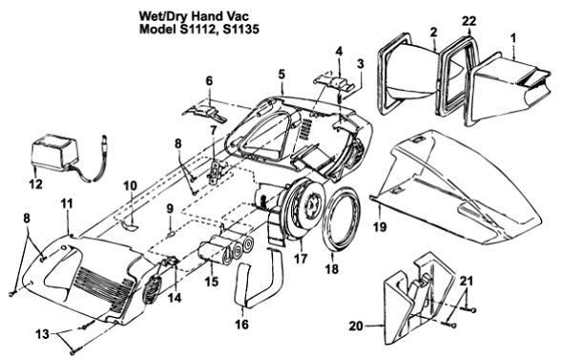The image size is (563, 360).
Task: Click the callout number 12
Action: click(36, 184)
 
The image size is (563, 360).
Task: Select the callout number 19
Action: click(380, 226)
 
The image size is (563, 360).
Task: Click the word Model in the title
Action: click(156, 29)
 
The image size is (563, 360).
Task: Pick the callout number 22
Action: click(469, 21)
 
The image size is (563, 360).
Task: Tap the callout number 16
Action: click(241, 324)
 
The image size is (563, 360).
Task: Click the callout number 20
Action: click(356, 326)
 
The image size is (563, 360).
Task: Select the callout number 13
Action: click(42, 334)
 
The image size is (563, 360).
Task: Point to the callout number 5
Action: click(281, 74)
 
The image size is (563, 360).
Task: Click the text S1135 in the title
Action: click(240, 29)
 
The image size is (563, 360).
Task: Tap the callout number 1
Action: click(513, 38)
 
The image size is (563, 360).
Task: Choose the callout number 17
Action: click(301, 258)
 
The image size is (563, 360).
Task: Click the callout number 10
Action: click(130, 185)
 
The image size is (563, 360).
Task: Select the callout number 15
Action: click(211, 281)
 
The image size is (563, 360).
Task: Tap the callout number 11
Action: click(67, 203)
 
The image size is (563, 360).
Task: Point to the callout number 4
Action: click(339, 52)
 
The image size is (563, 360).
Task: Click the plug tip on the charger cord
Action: click(105, 139)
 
